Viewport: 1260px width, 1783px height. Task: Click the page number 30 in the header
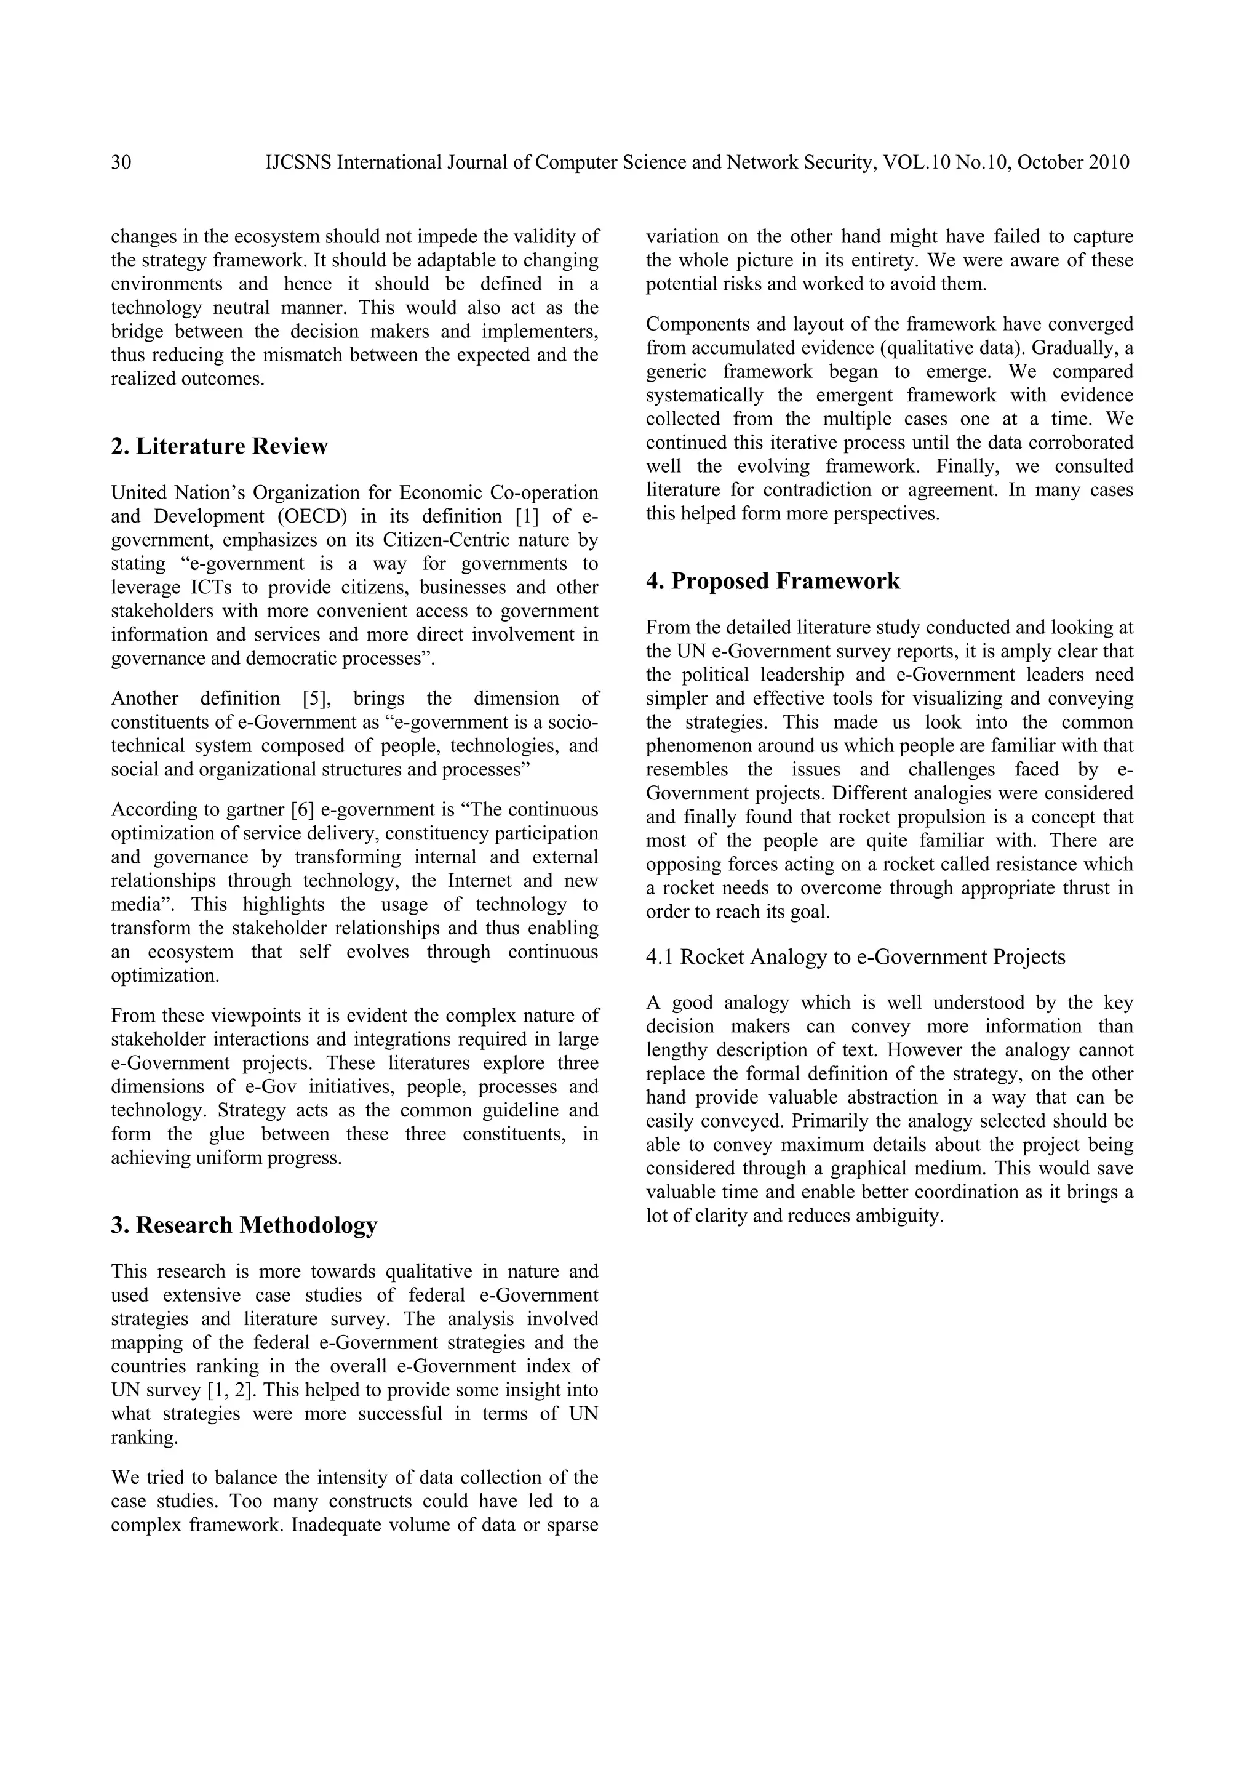tap(121, 162)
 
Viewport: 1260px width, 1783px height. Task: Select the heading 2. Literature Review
tap(220, 447)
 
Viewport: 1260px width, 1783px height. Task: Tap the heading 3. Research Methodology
tap(244, 1225)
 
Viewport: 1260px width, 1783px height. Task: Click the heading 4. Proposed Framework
tap(773, 581)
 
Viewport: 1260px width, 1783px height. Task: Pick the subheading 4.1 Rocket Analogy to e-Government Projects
tap(855, 956)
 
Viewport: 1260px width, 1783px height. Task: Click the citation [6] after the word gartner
tap(302, 810)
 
